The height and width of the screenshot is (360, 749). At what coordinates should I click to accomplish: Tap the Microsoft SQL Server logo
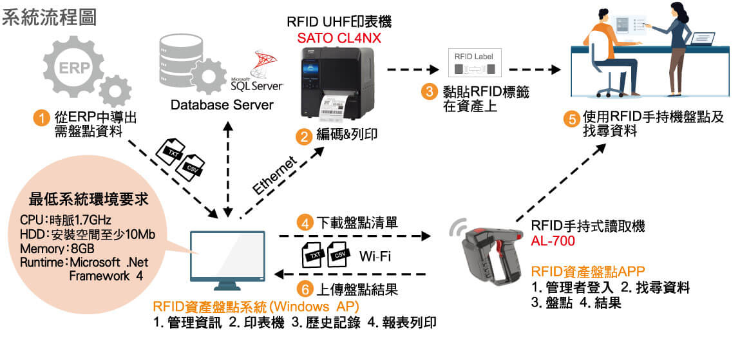coord(257,71)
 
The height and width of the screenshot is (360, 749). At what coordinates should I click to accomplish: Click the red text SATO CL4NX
coord(337,36)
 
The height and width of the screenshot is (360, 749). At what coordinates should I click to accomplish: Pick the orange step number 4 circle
coord(304,223)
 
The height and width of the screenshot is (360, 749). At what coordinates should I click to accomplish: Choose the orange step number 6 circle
coord(304,290)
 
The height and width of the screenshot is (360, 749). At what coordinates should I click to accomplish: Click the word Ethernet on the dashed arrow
coord(274,175)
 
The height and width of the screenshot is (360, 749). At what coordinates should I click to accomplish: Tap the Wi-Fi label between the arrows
coord(375,257)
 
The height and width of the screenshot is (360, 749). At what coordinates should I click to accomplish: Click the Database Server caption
coord(222,104)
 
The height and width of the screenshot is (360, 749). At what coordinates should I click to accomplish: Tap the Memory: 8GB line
coord(57,249)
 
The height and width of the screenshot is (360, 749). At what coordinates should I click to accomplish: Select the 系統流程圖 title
coord(49,17)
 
